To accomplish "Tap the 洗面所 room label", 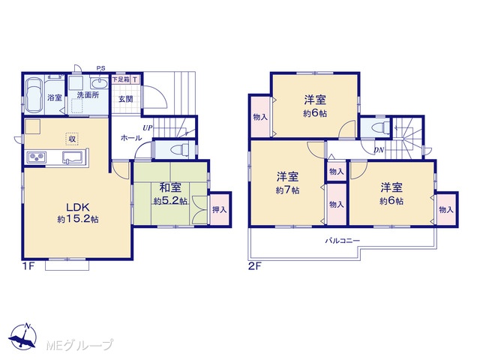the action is (x=88, y=95).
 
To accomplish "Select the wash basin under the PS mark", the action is (x=98, y=82).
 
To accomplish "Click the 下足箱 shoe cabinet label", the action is (x=121, y=79).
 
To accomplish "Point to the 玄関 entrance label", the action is (x=125, y=99).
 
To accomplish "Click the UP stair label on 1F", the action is (x=148, y=128).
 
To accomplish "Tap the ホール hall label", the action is (x=131, y=138).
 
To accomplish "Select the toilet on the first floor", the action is (x=181, y=150).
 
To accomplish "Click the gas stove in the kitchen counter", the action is (x=37, y=157).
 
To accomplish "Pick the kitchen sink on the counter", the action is (x=73, y=157).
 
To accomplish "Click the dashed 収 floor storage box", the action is (x=72, y=139).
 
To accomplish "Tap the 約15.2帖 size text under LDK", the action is (x=78, y=219).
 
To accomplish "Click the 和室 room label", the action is (x=170, y=187).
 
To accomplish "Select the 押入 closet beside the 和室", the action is (x=220, y=210).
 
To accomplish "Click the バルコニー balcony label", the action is (x=342, y=241).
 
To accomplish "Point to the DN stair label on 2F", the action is (x=379, y=150).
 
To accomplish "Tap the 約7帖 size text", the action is (x=287, y=190).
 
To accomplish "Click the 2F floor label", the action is (x=254, y=266).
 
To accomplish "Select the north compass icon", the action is (x=23, y=336).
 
